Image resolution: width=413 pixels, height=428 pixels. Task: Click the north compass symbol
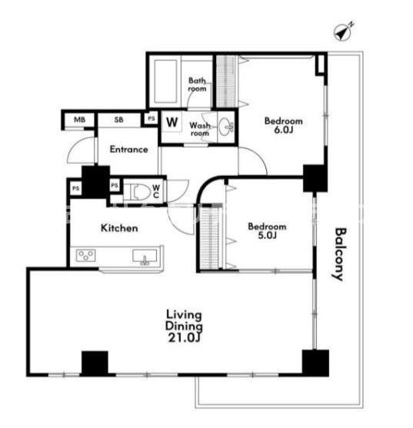pos(343,32)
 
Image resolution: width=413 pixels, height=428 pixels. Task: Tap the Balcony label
pos(340,254)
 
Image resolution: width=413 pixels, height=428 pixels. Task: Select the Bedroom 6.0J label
pos(284,125)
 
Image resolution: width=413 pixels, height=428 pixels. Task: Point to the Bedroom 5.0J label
pos(267,231)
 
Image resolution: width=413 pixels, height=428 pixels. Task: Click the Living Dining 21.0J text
pos(184,326)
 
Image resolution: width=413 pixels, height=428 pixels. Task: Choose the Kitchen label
pos(119,228)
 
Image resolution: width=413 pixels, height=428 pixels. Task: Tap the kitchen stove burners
pos(86,255)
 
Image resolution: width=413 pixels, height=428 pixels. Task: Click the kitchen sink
pos(145,257)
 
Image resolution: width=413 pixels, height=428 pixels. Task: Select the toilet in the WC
pos(140,191)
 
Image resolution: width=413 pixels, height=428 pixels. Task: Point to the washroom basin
pos(226,127)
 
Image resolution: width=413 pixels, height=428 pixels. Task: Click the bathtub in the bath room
pos(165,81)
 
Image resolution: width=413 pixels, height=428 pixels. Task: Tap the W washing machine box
pos(172,121)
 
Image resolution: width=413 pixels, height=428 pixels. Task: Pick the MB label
pos(79,120)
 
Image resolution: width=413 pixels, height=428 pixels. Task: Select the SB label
pos(118,120)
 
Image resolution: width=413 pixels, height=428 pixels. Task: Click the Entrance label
pos(129,149)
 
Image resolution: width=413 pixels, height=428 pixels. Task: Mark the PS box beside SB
pos(152,118)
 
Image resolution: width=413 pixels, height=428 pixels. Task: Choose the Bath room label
pos(197,85)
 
